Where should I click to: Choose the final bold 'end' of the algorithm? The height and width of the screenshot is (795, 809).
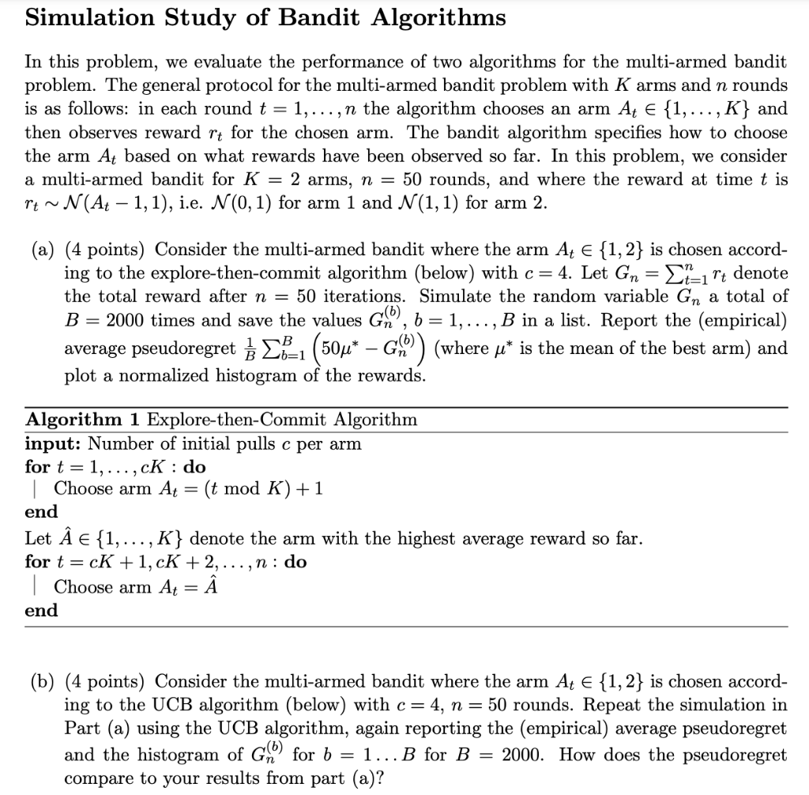point(41,610)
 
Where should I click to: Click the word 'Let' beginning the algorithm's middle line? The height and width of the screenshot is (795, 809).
point(38,540)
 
